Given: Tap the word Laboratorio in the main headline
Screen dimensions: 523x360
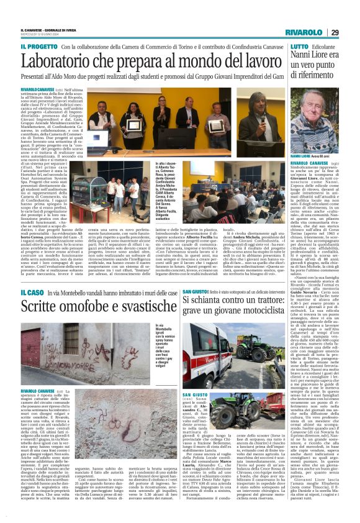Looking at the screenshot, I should [64, 61].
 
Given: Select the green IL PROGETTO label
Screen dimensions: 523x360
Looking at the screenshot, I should [38, 47].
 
